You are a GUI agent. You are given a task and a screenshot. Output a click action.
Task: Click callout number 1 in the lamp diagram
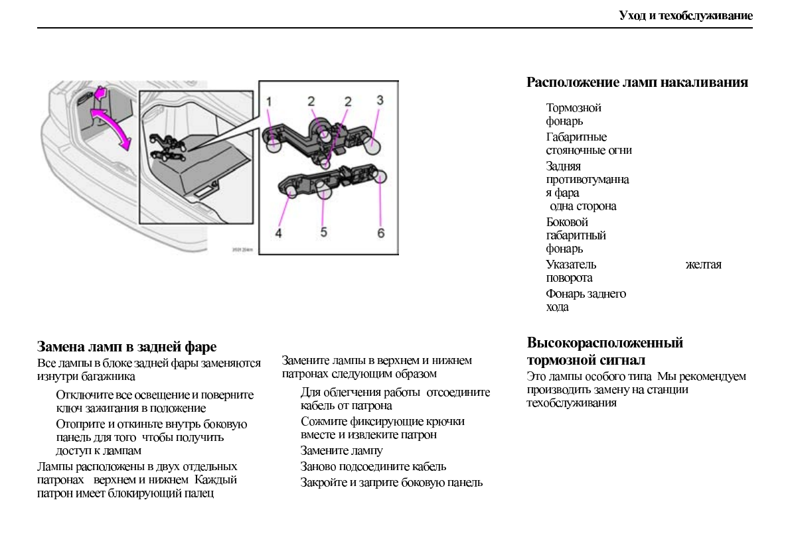pos(270,101)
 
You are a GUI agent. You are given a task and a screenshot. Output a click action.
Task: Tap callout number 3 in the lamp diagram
pos(380,100)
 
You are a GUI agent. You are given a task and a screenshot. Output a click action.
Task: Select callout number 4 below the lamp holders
pos(279,233)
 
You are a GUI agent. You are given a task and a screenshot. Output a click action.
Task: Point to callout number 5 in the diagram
pos(323,232)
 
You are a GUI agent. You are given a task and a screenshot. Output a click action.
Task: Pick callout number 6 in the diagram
pos(381,233)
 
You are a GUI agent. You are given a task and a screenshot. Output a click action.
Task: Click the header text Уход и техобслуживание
pos(686,15)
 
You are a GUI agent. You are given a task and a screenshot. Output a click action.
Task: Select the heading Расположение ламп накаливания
pos(637,83)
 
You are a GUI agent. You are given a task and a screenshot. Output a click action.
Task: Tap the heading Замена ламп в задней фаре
pos(127,347)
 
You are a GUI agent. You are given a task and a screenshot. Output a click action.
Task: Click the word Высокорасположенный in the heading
pos(605,343)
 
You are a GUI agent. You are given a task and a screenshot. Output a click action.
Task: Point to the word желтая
pos(703,265)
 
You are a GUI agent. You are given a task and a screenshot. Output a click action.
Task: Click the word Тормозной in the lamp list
pos(574,107)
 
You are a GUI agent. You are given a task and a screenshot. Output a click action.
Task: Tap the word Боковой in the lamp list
pos(567,222)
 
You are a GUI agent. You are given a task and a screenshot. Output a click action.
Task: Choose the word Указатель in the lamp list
pos(571,265)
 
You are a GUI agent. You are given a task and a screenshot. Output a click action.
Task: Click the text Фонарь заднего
pos(586,294)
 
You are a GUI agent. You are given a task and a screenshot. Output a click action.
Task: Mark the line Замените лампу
pos(342,451)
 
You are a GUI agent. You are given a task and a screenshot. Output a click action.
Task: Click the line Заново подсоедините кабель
pos(373,467)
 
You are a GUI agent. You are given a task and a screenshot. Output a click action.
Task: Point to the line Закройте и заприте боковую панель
pos(392,483)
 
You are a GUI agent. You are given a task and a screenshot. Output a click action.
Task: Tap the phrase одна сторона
pos(583,206)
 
